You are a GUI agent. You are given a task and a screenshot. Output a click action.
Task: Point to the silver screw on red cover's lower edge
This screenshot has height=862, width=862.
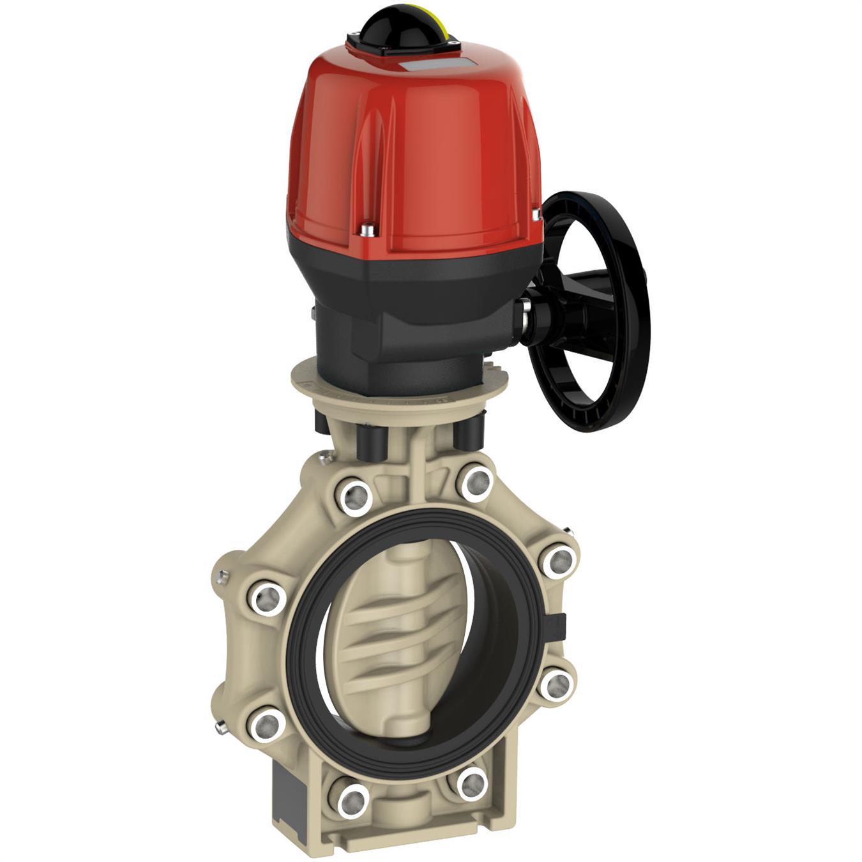(366, 228)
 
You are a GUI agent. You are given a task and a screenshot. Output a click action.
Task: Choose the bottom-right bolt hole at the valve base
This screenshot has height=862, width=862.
(472, 783)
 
